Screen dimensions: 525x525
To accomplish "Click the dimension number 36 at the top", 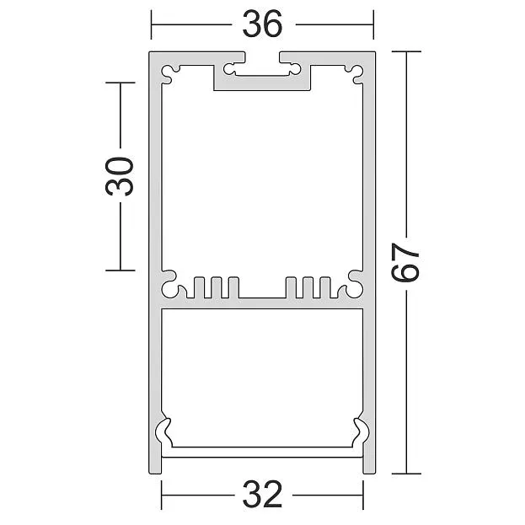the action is (263, 24).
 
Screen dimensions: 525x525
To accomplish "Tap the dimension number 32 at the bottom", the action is (263, 495).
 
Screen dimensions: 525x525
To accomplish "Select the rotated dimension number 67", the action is (405, 262).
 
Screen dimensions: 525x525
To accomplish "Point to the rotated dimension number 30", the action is (120, 176).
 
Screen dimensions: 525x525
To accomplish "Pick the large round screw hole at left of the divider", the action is (169, 289).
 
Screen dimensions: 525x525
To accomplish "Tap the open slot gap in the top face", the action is (262, 57).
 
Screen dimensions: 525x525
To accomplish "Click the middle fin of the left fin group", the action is (217, 287).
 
